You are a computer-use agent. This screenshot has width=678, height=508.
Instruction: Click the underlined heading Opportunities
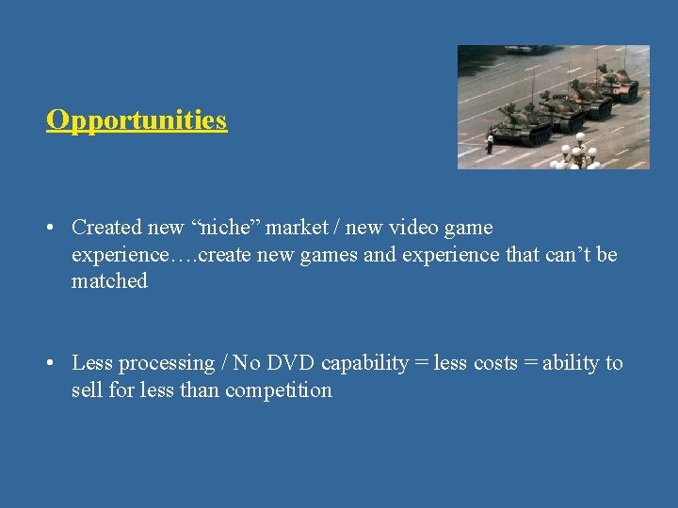coord(137,120)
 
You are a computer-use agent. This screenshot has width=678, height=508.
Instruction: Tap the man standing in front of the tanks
coord(490,142)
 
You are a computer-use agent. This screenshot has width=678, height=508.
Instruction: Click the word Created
coord(107,228)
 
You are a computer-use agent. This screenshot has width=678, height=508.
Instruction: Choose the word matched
coord(109,281)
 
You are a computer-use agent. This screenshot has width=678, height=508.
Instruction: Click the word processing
coord(168,363)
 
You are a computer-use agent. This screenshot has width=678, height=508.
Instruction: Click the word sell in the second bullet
coord(88,389)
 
